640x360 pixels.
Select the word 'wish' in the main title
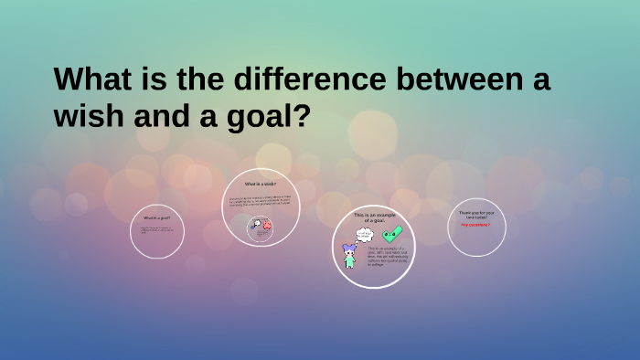tap(91, 118)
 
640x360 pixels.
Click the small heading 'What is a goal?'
tap(156, 218)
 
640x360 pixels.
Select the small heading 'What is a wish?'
tap(260, 185)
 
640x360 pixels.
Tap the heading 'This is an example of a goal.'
tap(373, 217)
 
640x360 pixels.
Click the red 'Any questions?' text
tap(475, 225)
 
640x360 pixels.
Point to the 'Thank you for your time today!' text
tap(476, 216)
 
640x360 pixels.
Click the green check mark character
tap(392, 234)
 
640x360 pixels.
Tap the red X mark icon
tap(267, 227)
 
